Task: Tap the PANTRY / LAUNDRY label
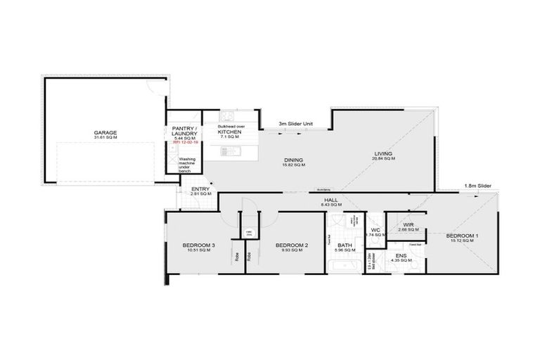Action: click(184, 131)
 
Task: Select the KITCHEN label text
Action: click(229, 132)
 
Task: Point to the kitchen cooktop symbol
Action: click(227, 116)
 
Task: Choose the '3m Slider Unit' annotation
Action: click(295, 123)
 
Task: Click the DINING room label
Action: click(293, 160)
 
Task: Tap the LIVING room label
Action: click(382, 153)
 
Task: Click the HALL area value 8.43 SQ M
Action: click(332, 205)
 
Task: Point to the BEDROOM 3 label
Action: click(198, 245)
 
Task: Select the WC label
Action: click(375, 230)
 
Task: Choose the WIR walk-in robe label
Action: click(408, 225)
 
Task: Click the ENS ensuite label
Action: click(400, 255)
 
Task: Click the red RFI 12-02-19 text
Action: click(184, 142)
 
